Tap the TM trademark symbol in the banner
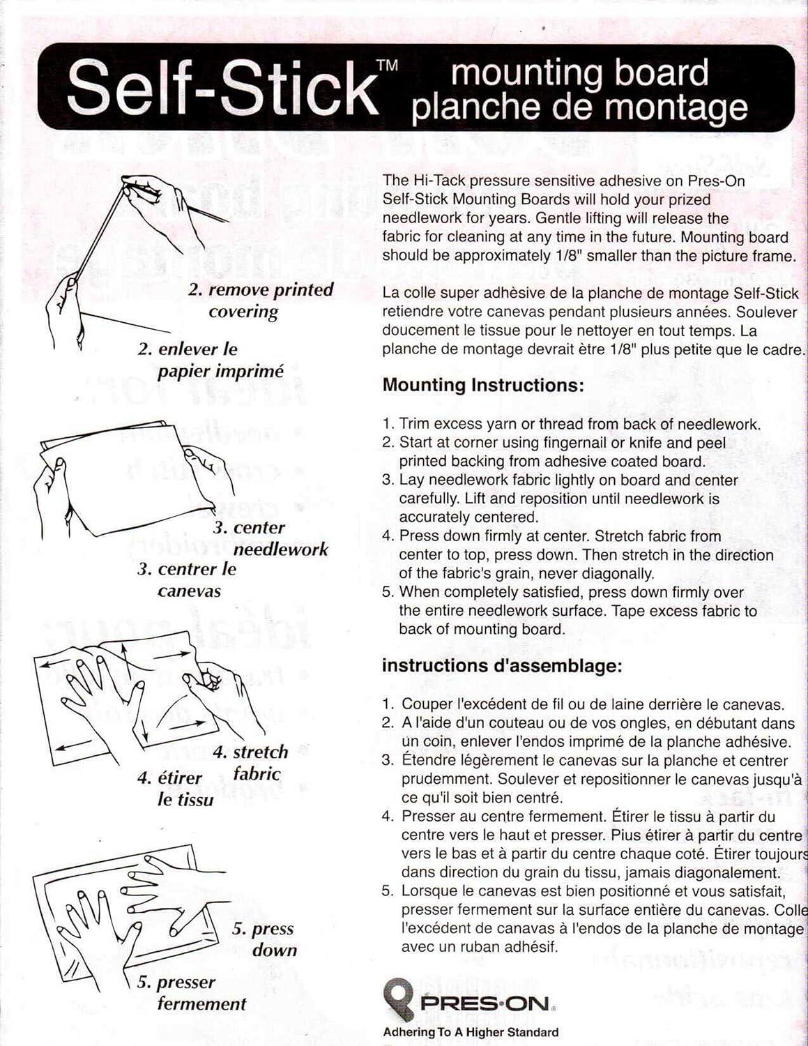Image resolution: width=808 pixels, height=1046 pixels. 387,66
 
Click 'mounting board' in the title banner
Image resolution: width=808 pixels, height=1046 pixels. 579,73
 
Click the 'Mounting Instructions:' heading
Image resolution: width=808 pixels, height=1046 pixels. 482,385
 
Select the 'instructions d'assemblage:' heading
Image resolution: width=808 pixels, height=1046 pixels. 501,665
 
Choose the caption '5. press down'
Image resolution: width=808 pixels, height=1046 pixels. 264,939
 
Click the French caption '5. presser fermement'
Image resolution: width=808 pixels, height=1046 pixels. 192,992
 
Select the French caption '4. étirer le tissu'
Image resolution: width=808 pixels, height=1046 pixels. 174,788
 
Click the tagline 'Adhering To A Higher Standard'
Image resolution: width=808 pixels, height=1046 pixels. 471,1032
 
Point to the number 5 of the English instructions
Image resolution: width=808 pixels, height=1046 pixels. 388,592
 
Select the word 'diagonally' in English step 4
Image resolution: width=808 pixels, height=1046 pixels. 618,573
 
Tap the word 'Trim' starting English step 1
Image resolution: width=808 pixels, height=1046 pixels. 412,423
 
